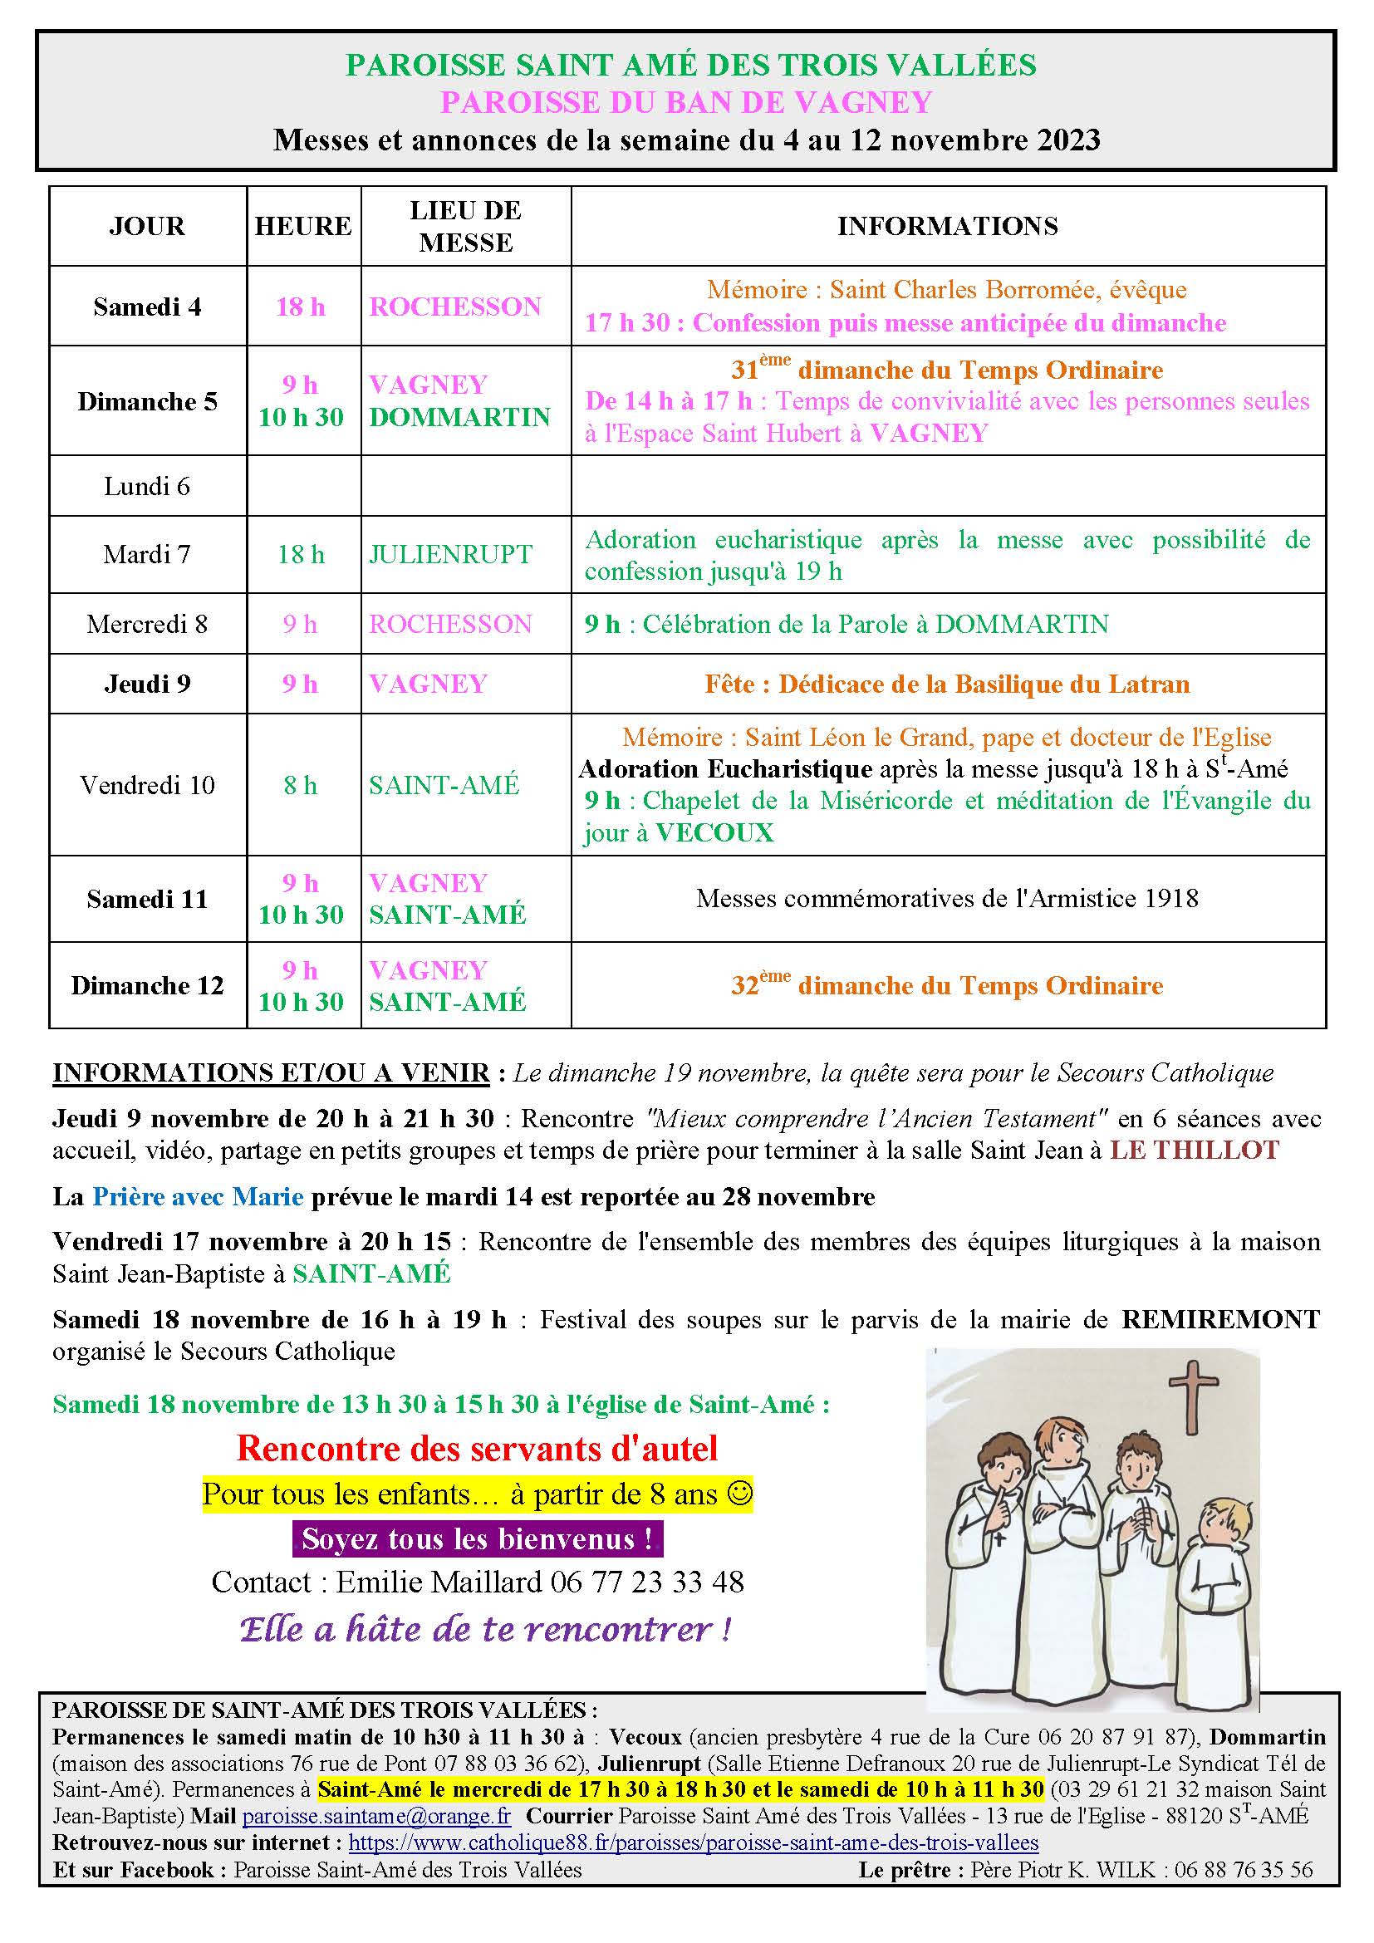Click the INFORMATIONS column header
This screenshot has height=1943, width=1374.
coord(948,226)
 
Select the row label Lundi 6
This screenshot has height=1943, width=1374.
coord(147,487)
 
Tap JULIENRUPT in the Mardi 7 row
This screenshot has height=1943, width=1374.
coord(450,554)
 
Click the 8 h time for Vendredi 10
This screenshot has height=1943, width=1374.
coord(301,785)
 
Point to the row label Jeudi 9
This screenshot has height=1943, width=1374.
coord(147,684)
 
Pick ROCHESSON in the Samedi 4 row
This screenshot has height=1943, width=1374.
coord(455,307)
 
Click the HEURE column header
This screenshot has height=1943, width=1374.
coord(303,226)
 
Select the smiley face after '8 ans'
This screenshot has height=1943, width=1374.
coord(739,1494)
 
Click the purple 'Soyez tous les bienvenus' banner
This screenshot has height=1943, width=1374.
coord(478,1538)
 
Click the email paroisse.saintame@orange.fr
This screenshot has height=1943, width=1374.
coord(376,1817)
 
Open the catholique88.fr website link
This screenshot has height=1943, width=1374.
coord(693,1843)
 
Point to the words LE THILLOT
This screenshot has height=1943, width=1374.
coord(1195,1151)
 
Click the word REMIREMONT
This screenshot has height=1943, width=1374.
coord(1220,1319)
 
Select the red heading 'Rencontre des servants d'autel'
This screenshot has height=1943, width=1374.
coord(477,1449)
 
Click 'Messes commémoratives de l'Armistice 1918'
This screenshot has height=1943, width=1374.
coord(947,899)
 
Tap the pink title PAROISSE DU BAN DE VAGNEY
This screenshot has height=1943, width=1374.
coord(686,102)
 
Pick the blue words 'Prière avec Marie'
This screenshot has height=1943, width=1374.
coord(197,1196)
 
